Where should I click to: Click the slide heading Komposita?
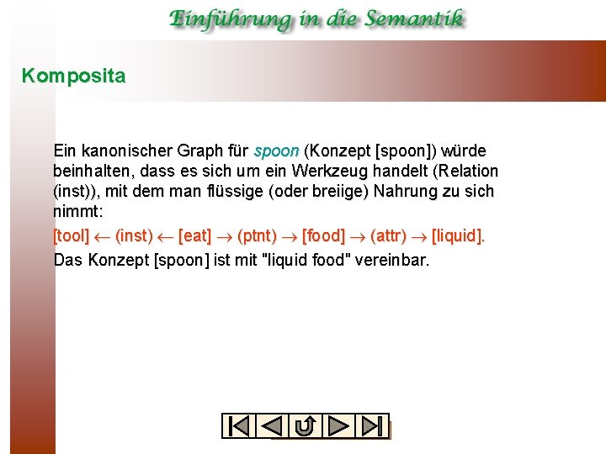pos(74,77)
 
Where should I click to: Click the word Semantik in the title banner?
pos(407,19)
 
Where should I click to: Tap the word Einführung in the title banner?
pos(224,19)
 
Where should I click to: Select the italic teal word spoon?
pos(276,151)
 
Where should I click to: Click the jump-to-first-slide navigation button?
pos(239,426)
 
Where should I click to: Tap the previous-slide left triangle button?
pos(272,426)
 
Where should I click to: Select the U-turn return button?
pos(306,426)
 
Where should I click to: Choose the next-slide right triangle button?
pos(338,426)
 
